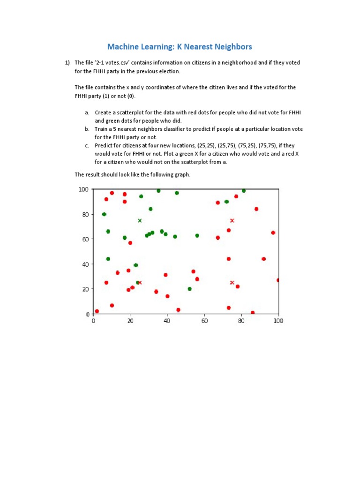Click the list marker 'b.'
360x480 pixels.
(x=87, y=129)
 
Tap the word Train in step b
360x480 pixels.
(x=102, y=129)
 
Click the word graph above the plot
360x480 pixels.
(x=180, y=174)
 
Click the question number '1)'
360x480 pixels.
(x=67, y=62)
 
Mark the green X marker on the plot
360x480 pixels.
(x=140, y=220)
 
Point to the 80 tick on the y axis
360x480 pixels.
(x=84, y=214)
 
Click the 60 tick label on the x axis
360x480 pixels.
(x=204, y=321)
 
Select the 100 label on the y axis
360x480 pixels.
(x=83, y=189)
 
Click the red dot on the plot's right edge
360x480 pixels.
(x=278, y=280)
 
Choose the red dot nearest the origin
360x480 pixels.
(x=97, y=311)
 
